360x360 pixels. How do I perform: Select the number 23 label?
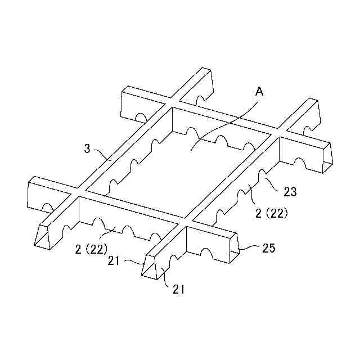coord(290,192)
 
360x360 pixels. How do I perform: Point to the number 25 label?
coord(268,248)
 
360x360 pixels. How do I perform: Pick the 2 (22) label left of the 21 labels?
coord(91,248)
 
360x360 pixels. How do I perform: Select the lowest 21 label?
coord(179,290)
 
